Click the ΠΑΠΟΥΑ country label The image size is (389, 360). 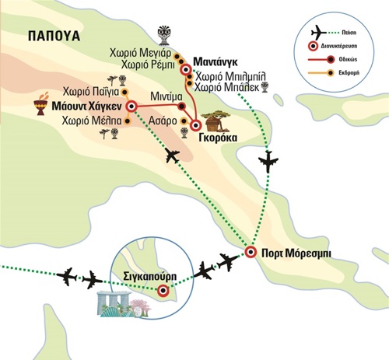[x=54, y=36]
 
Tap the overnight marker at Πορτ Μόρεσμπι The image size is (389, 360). [x=251, y=252]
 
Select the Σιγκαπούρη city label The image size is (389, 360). [x=150, y=276]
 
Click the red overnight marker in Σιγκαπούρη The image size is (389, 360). [x=163, y=291]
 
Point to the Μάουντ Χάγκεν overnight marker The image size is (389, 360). [x=131, y=107]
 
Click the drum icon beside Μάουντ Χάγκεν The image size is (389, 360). [x=41, y=104]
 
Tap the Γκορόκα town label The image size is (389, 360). [x=218, y=138]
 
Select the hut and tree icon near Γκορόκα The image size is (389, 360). [x=216, y=121]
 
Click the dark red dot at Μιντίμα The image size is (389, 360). [x=181, y=106]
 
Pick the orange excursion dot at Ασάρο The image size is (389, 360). [x=184, y=121]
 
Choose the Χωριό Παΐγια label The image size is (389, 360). [x=91, y=92]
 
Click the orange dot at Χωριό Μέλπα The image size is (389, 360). [x=128, y=121]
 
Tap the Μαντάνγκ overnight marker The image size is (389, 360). [x=186, y=69]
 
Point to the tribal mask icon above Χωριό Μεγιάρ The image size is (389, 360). [x=164, y=35]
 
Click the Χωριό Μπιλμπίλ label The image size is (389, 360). [x=230, y=77]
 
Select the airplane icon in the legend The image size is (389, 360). [x=319, y=33]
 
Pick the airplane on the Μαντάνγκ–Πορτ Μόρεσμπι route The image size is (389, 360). [x=268, y=161]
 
